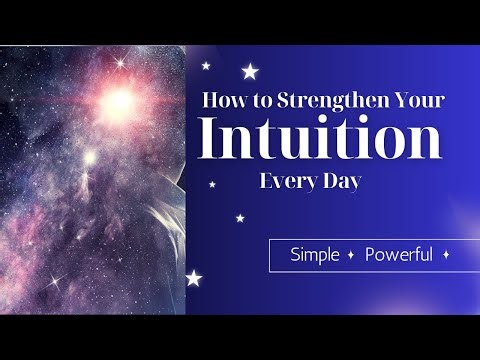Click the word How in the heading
tap(226, 101)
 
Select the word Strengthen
tap(334, 102)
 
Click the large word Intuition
tap(320, 139)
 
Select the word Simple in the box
tap(314, 254)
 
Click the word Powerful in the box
tap(399, 254)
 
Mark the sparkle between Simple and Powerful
tap(351, 255)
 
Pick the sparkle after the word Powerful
tap(445, 255)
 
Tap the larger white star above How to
tap(251, 71)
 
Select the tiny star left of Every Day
tap(212, 184)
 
